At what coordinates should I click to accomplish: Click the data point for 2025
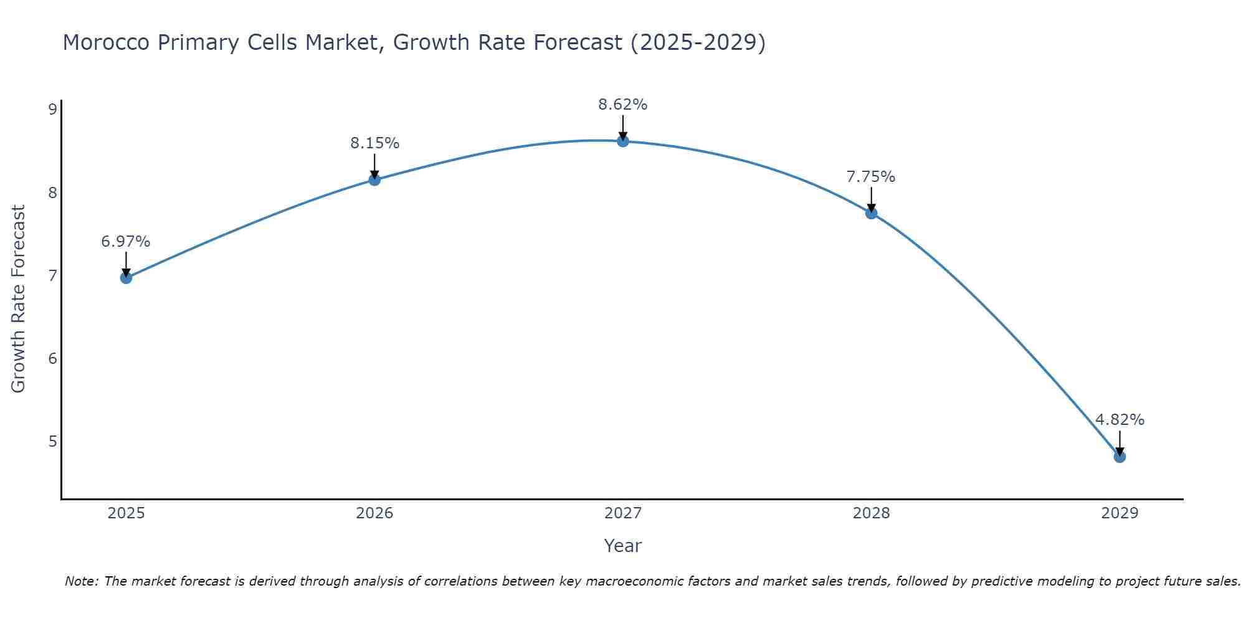pos(126,278)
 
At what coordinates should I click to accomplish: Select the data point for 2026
pos(374,180)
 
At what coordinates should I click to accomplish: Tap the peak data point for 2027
pos(623,141)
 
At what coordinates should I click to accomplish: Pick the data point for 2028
pos(872,213)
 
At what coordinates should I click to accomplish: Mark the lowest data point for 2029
pos(1120,457)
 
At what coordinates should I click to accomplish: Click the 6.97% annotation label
pos(126,242)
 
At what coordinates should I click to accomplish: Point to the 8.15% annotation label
pos(374,143)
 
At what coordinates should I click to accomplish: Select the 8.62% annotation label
pos(623,105)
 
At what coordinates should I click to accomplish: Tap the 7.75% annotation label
pos(871,177)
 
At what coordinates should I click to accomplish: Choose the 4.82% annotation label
pos(1120,420)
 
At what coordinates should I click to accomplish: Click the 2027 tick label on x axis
pos(623,513)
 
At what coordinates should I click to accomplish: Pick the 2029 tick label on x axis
pos(1120,513)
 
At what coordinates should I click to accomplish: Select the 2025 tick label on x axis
pos(126,513)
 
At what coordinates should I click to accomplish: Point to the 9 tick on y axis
pos(52,110)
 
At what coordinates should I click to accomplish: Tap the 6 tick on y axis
pos(52,358)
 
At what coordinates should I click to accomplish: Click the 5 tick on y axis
pos(52,442)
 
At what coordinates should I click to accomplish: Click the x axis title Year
pos(623,546)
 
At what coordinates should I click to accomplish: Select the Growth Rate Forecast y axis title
pos(19,299)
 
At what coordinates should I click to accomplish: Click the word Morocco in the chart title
pos(106,42)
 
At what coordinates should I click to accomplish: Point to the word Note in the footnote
pos(81,581)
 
